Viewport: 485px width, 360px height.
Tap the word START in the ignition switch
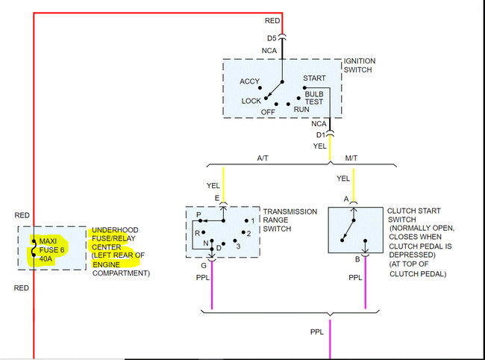click(314, 78)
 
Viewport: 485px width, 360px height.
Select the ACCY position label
click(249, 81)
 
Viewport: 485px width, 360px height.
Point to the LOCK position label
click(251, 101)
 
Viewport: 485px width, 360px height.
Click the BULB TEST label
click(314, 98)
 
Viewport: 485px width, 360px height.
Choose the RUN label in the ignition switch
click(301, 110)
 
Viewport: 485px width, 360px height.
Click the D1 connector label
click(320, 134)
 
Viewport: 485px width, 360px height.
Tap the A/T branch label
click(263, 158)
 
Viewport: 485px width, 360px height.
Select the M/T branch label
click(351, 158)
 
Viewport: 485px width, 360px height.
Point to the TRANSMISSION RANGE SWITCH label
click(290, 220)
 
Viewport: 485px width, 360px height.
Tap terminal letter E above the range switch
click(217, 199)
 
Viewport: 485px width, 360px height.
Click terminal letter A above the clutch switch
click(345, 199)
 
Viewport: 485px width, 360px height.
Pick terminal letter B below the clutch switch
click(357, 260)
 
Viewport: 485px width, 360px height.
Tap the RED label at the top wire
click(272, 21)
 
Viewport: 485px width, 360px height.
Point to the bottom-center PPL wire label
click(317, 331)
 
